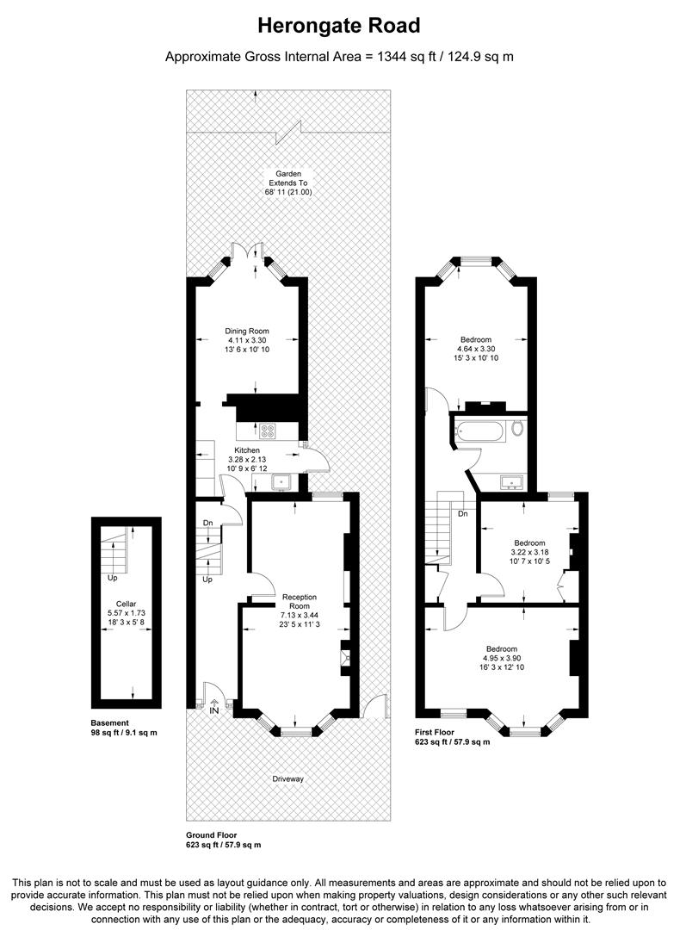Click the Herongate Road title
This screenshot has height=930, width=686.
click(338, 26)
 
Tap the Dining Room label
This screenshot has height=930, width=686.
click(247, 331)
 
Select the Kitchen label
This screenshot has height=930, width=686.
click(247, 450)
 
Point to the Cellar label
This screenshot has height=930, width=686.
click(127, 604)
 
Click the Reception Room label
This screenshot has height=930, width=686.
click(300, 601)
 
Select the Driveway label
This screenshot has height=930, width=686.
click(287, 778)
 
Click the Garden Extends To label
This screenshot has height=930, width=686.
click(288, 178)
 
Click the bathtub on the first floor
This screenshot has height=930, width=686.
click(480, 431)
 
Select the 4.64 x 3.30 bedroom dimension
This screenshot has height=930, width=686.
click(476, 350)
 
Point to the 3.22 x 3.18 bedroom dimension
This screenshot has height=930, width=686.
click(529, 552)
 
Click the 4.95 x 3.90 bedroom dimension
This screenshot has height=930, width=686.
click(502, 659)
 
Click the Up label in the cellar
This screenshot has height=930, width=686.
click(112, 578)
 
